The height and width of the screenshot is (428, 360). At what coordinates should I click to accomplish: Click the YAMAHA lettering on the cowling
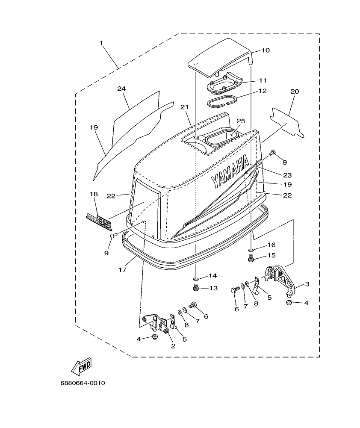[230, 172]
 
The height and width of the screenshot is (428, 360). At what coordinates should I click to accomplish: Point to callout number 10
[265, 50]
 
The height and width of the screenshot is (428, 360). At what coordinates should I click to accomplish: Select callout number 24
[121, 89]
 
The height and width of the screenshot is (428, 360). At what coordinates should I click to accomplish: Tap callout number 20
[295, 92]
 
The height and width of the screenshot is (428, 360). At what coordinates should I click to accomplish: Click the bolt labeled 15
[251, 258]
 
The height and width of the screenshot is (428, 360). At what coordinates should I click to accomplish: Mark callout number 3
[307, 283]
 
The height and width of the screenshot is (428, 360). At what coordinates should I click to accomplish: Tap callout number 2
[173, 346]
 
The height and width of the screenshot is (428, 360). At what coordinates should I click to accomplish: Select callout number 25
[241, 121]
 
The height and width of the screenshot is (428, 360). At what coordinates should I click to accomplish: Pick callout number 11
[262, 80]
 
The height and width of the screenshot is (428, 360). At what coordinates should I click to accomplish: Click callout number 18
[94, 194]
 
